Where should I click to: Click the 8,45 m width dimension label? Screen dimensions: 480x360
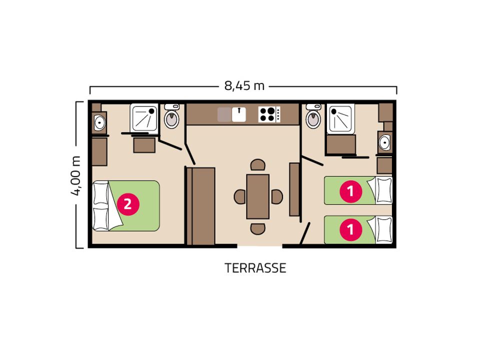tap(244, 86)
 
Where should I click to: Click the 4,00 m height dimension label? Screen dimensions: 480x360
tap(76, 175)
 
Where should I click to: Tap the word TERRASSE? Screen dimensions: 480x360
tap(255, 268)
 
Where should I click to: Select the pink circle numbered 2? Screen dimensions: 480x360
tap(128, 204)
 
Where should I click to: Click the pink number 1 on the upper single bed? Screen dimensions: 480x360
tap(351, 191)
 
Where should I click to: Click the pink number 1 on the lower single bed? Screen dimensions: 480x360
tap(351, 229)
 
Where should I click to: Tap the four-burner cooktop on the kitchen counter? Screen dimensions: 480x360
tap(269, 114)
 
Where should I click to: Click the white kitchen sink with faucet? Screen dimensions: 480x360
tap(239, 114)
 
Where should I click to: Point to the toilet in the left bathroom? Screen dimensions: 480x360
tap(171, 116)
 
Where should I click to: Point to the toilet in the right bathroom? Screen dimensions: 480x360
tap(313, 116)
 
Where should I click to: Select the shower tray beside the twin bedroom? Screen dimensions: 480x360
tap(341, 119)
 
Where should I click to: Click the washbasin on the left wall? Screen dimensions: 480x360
tap(99, 123)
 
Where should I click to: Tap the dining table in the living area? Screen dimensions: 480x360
tap(258, 196)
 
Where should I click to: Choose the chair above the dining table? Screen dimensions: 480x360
tap(258, 164)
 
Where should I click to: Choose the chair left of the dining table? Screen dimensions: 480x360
tap(239, 196)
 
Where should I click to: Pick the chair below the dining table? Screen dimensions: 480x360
tap(258, 228)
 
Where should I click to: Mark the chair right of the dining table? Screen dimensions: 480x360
tap(276, 196)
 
